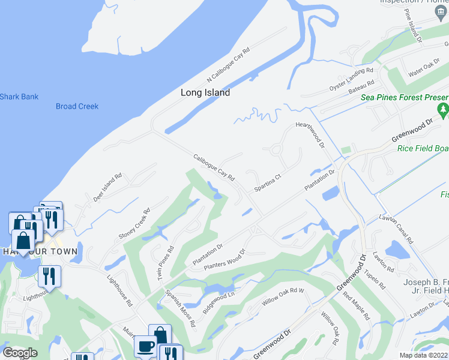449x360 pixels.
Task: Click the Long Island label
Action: pyautogui.click(x=205, y=93)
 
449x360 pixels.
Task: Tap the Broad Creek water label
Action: pyautogui.click(x=77, y=106)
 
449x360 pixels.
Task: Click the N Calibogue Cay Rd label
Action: pyautogui.click(x=228, y=67)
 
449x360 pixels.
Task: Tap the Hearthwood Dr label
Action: pyautogui.click(x=310, y=136)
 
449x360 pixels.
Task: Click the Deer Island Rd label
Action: pyautogui.click(x=107, y=188)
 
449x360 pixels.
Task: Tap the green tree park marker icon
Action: pyautogui.click(x=444, y=110)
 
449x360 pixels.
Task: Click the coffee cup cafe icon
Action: pyautogui.click(x=146, y=346)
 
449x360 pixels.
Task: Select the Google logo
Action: pyautogui.click(x=20, y=353)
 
